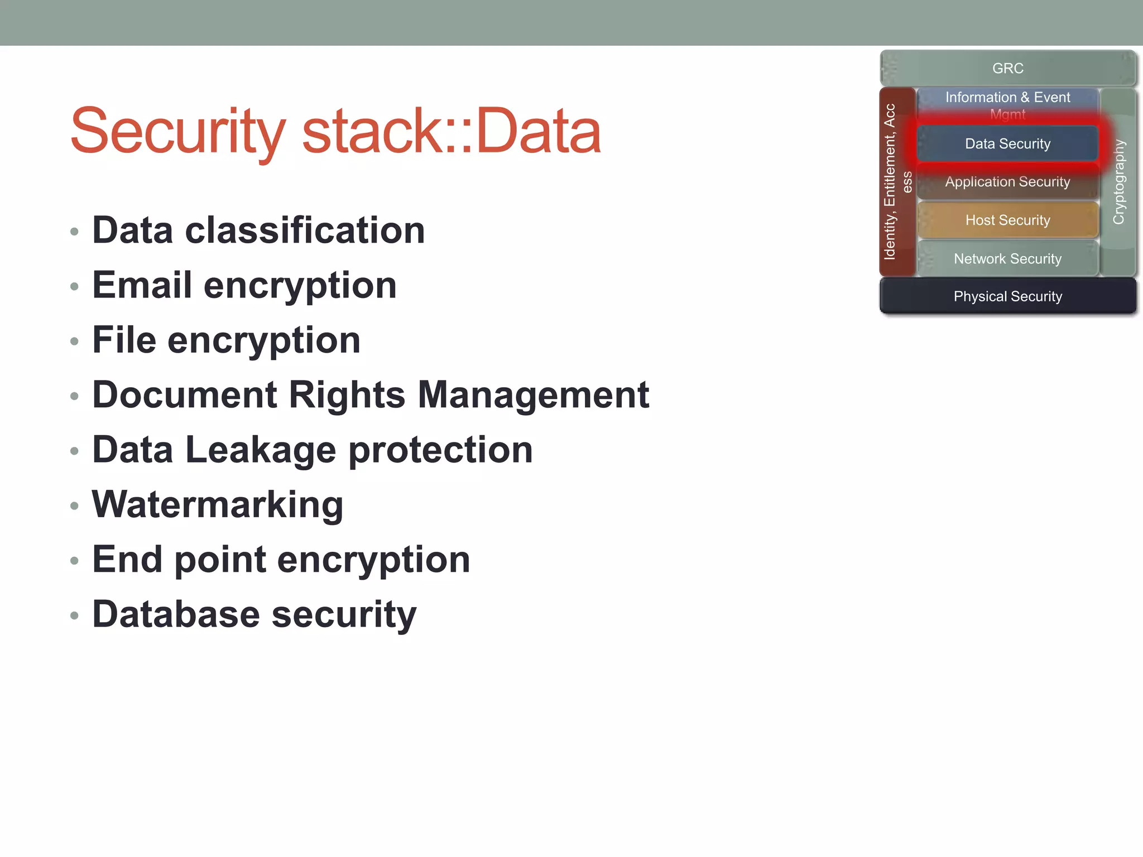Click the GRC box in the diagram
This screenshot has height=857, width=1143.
click(1007, 68)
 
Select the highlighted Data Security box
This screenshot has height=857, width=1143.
click(1007, 143)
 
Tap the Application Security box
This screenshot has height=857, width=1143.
click(1007, 182)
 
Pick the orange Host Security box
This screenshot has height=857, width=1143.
click(1007, 220)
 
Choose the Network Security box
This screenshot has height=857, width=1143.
click(1007, 258)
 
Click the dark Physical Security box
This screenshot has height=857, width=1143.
click(1007, 296)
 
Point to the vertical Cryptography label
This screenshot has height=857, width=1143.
click(1118, 182)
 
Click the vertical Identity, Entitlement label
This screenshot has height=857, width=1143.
click(890, 182)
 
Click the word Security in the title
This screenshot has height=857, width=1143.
click(177, 132)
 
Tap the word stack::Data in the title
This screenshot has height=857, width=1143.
click(451, 132)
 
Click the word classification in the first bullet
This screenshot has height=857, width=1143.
click(305, 230)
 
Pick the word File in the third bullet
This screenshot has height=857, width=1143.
click(124, 340)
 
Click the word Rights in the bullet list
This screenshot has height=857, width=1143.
click(347, 394)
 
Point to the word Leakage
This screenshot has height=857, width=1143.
click(261, 450)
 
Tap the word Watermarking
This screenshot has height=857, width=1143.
click(217, 504)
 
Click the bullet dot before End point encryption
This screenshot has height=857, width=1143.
click(74, 561)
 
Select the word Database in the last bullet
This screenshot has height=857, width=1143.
click(176, 614)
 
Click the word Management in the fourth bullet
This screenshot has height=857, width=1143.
click(534, 394)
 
